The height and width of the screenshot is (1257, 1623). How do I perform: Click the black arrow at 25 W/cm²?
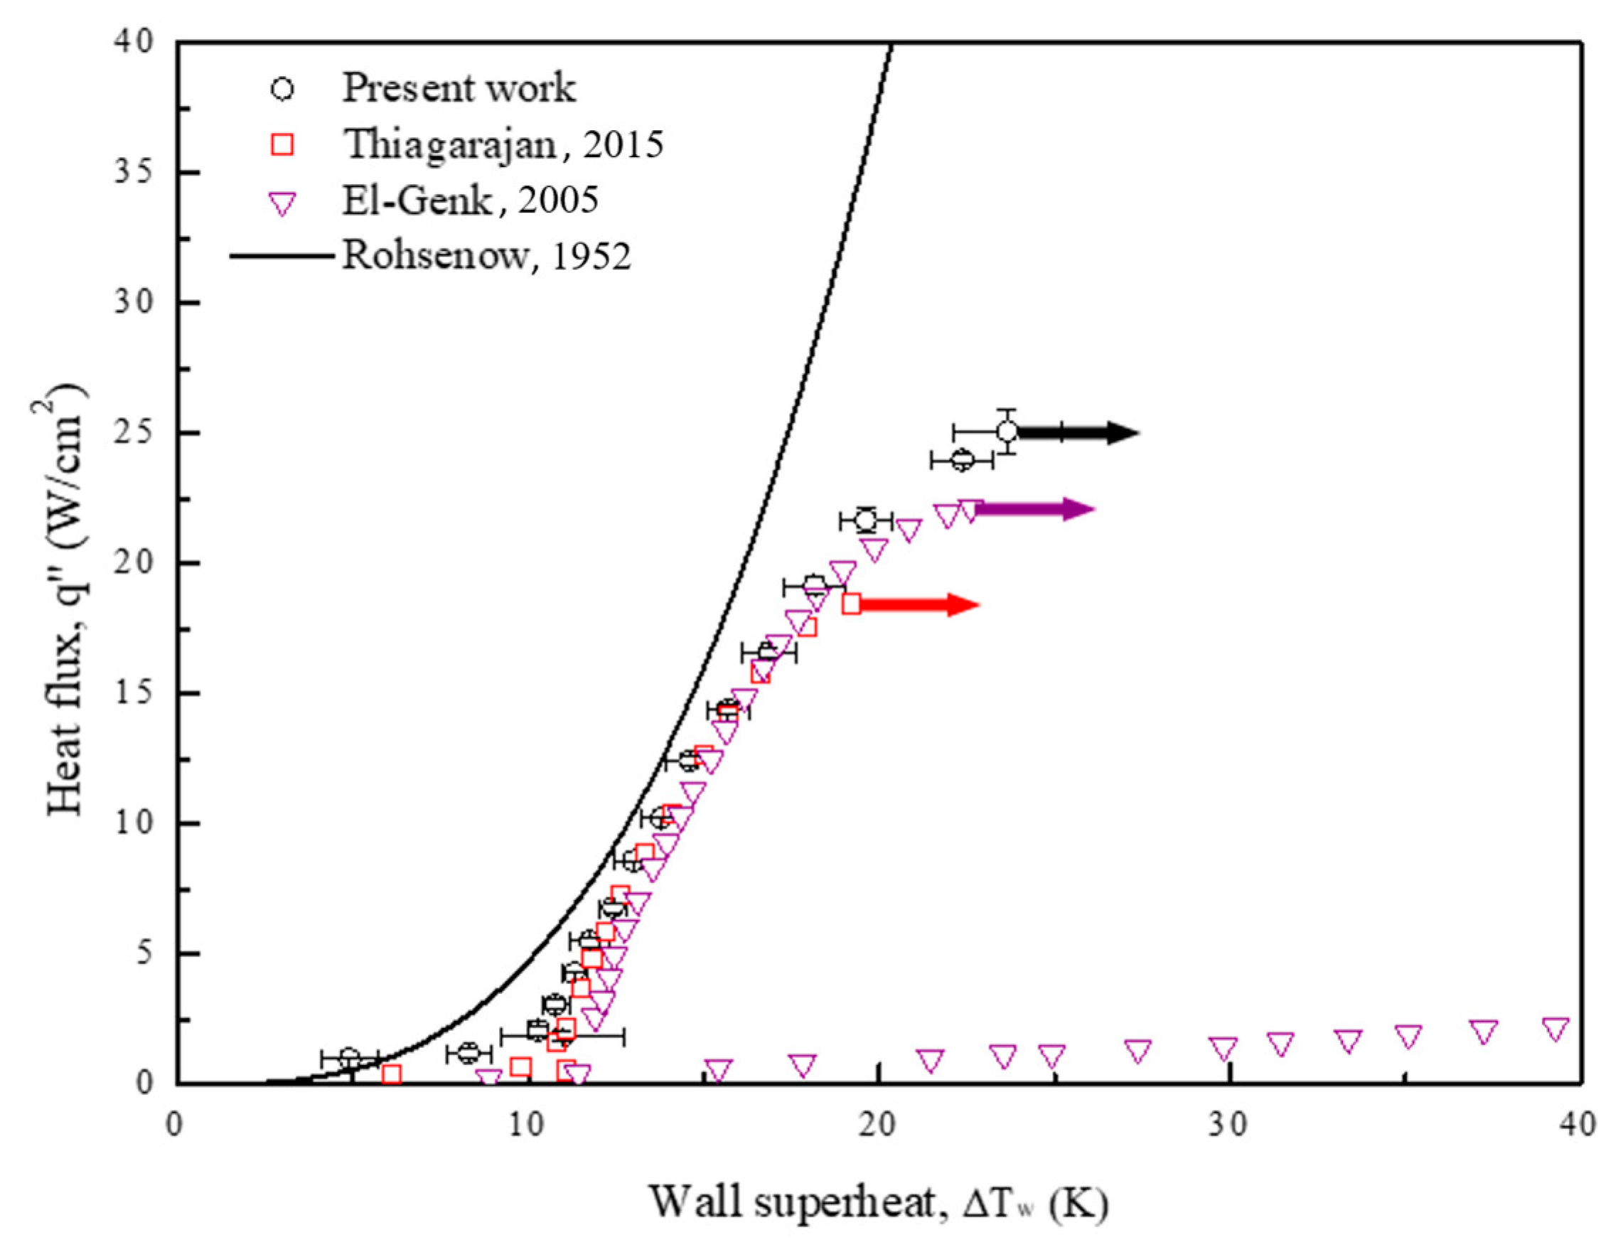point(1078,432)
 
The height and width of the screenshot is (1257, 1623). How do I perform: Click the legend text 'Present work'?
point(459,88)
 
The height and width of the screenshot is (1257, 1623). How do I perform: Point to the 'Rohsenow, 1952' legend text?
point(486,257)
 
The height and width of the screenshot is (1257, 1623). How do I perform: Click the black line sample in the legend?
point(282,257)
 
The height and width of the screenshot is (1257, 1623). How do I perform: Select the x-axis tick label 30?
point(1228,1125)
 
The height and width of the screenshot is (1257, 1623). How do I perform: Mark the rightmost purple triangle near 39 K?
point(1555,1029)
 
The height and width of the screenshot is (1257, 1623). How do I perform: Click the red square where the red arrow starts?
point(852,604)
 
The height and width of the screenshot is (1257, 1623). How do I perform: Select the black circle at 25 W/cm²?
point(1007,431)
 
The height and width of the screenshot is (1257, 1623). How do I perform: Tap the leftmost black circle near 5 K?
point(350,1059)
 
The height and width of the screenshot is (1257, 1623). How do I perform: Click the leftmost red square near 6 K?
point(392,1074)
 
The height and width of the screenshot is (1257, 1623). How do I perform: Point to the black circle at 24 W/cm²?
point(962,460)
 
